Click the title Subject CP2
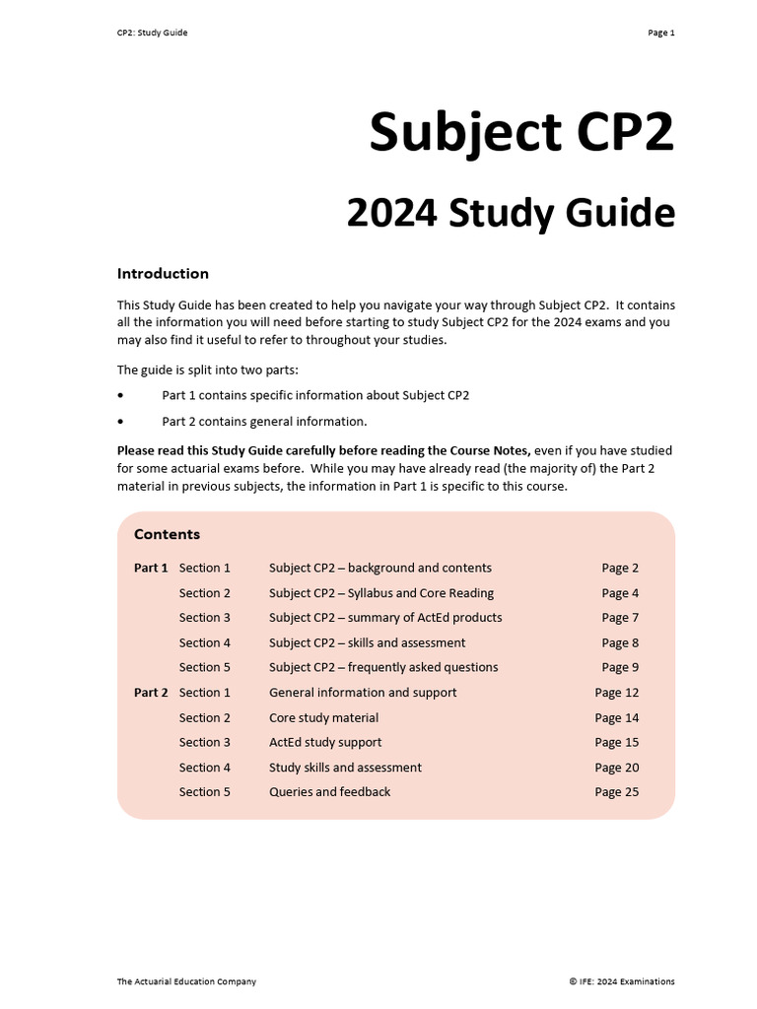[x=521, y=133]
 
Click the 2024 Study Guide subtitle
[x=510, y=214]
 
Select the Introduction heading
[x=163, y=274]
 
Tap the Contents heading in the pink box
[x=167, y=534]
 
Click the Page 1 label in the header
[x=660, y=33]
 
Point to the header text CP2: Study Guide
[x=152, y=33]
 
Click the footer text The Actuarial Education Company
[x=186, y=981]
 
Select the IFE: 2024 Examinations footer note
[x=622, y=981]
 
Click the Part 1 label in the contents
[x=151, y=568]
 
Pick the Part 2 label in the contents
[x=151, y=693]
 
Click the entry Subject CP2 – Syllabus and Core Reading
[x=381, y=593]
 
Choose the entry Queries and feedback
[x=329, y=792]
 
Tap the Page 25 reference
[x=616, y=792]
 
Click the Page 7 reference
[x=620, y=618]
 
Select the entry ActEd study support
[x=325, y=742]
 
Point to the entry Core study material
[x=323, y=717]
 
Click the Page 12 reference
[x=616, y=693]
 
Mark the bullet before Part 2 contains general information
[x=121, y=422]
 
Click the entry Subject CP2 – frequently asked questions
[x=383, y=667]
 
